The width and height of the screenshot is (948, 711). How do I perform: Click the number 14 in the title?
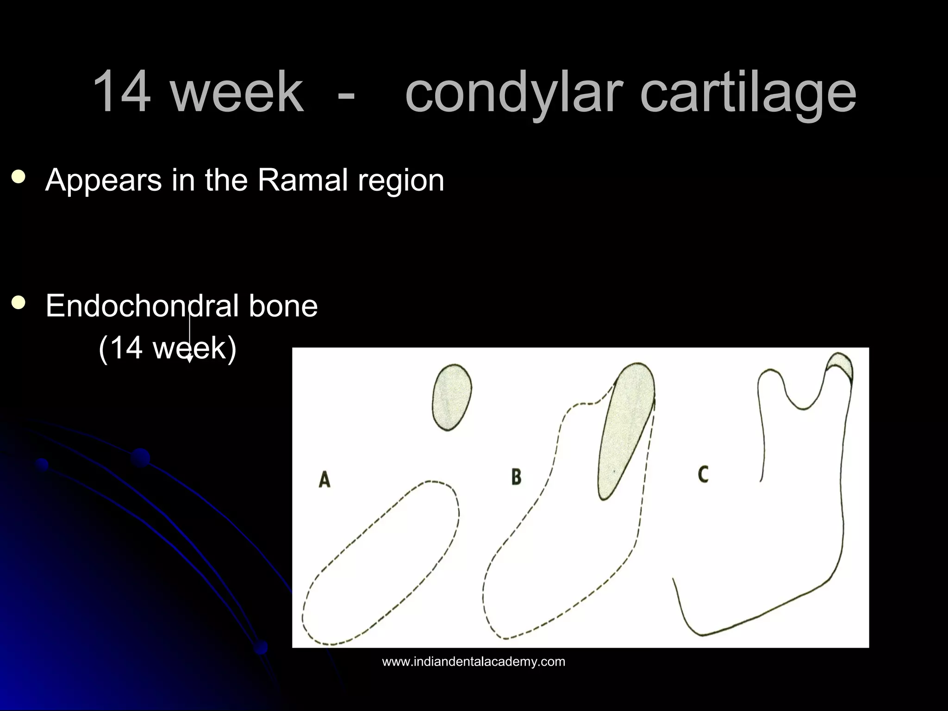pos(122,91)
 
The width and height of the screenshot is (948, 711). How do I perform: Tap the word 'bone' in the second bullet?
pos(283,306)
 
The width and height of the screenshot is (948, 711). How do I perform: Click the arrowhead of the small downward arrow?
pos(189,359)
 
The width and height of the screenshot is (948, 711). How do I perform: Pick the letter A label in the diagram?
pos(324,480)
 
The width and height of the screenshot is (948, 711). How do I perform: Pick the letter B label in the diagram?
pos(516,476)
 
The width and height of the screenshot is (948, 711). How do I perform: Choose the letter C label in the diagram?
pos(703,474)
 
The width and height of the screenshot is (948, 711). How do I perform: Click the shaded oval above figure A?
pos(452,397)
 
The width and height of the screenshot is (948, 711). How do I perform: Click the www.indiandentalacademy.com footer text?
pos(474,662)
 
